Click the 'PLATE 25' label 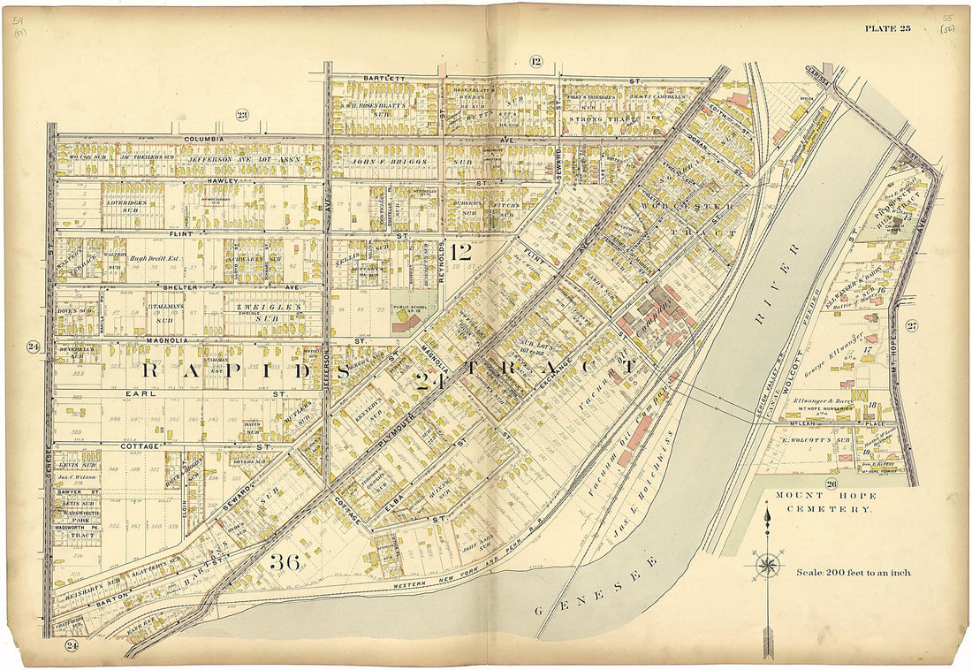(887, 28)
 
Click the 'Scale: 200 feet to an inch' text (853, 572)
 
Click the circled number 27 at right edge (912, 326)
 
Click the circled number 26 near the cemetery (831, 483)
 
